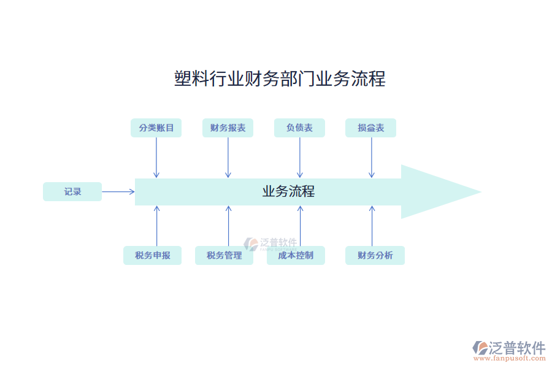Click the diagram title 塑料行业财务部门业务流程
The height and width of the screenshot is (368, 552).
(x=280, y=79)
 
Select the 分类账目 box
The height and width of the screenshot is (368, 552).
(x=156, y=128)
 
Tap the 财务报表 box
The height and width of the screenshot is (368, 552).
(x=228, y=128)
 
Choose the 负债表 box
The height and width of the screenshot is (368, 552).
(x=299, y=128)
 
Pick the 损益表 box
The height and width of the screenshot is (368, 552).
(x=371, y=128)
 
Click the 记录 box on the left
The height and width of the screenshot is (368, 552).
(x=72, y=191)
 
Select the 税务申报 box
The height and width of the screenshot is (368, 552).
(x=153, y=255)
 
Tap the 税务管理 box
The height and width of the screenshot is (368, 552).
(x=224, y=255)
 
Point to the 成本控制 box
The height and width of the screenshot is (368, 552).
(x=296, y=255)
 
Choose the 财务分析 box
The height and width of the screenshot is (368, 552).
(x=375, y=255)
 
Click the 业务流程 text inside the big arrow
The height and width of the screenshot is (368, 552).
(x=288, y=191)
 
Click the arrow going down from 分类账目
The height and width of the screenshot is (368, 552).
(x=156, y=158)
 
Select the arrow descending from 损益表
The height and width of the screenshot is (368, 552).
(x=371, y=158)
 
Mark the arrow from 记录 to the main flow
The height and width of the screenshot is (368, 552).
(x=118, y=191)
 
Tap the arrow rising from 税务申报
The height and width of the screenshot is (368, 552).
(x=156, y=226)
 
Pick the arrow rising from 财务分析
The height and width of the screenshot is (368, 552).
(x=372, y=226)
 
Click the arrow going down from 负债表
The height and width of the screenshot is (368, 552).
(x=300, y=158)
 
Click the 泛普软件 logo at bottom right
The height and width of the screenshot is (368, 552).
(x=508, y=348)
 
